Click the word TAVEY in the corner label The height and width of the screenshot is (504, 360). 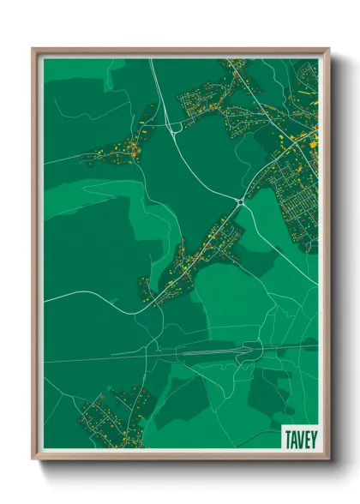300,439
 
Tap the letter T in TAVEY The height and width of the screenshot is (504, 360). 288,439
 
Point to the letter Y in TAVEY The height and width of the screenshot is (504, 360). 312,439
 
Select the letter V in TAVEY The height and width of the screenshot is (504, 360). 300,439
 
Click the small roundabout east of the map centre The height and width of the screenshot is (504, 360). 240,202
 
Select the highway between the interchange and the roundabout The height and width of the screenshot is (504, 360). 210,167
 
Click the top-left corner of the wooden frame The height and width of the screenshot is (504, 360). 33,50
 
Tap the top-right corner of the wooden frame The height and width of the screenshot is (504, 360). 328,50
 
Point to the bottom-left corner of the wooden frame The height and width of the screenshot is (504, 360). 33,459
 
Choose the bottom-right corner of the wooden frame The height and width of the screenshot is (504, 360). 328,459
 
